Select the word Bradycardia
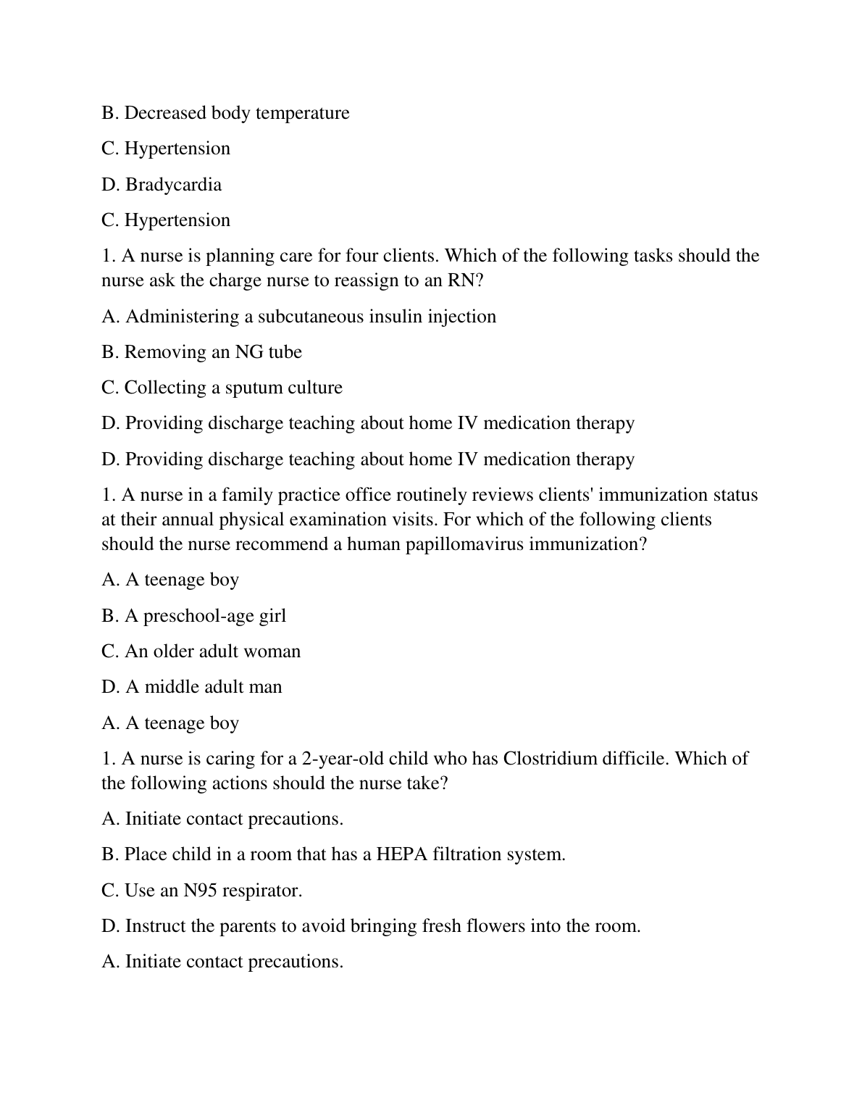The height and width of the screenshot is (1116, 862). [174, 185]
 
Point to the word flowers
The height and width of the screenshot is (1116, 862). [495, 926]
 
